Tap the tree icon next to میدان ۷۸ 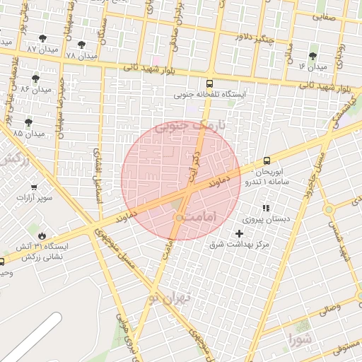click(x=83, y=43)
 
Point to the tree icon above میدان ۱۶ click(x=313, y=55)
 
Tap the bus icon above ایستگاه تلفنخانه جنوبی click(x=210, y=82)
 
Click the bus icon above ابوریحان click(x=267, y=161)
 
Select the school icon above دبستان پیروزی click(x=266, y=208)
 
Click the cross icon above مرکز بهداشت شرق click(x=239, y=233)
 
